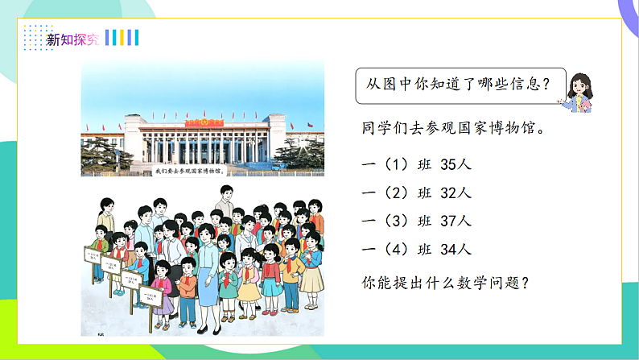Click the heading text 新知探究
coord(72,38)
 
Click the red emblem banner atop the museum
coord(196,122)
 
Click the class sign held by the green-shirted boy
coord(93,256)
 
